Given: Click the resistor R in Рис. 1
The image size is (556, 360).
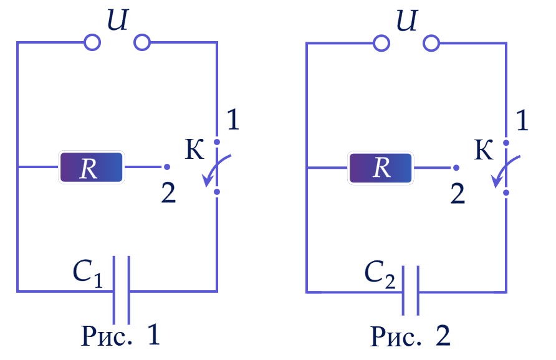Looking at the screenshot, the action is [91, 168].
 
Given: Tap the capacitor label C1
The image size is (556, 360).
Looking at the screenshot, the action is [88, 273].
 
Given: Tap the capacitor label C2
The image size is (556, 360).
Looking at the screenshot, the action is [380, 274].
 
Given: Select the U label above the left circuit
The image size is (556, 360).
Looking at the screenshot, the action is [117, 19].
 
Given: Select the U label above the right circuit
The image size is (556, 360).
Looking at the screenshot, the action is [407, 20].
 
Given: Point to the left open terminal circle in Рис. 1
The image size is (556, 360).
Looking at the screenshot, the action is [92, 42].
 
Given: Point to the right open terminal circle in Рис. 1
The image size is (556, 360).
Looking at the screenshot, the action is [142, 42].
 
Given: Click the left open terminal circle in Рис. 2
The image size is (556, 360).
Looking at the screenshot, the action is [381, 44].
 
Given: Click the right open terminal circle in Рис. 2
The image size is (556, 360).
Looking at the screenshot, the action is [431, 44].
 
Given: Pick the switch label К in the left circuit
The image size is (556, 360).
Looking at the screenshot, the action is [194, 149].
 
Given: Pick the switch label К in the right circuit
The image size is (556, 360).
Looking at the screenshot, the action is [484, 150].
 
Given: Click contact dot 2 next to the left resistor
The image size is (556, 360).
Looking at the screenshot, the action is [167, 167].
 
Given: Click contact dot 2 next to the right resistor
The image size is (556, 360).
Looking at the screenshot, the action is [456, 168].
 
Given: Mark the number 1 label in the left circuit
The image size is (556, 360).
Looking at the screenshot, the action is [232, 120].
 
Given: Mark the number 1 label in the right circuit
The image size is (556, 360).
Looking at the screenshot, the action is [522, 120].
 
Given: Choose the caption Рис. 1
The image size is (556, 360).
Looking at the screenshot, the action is [120, 335].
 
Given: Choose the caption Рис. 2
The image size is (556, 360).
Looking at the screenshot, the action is [410, 336].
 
